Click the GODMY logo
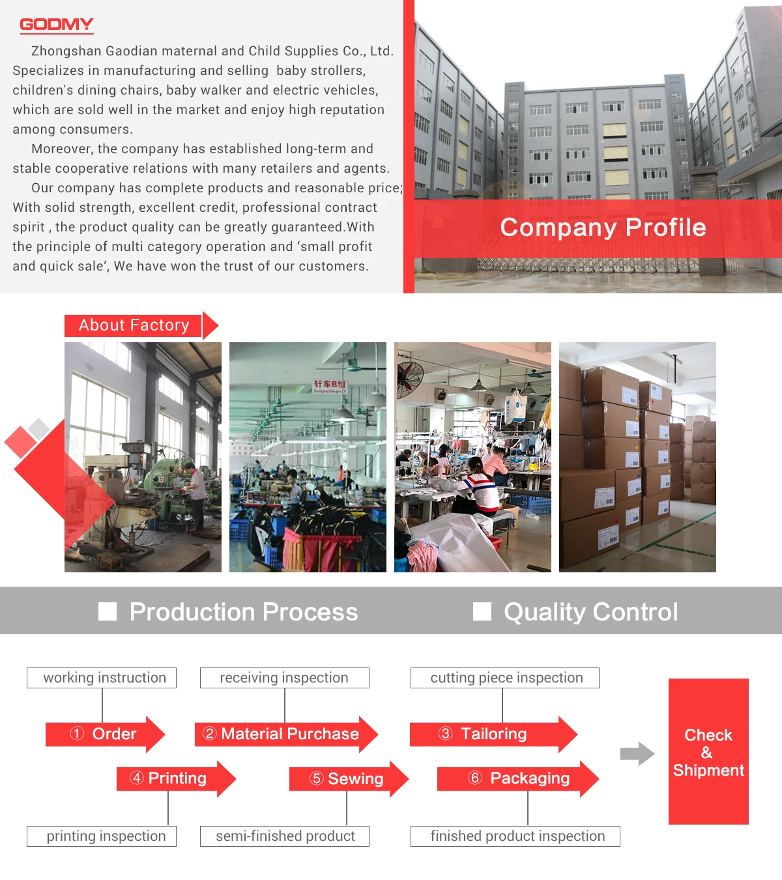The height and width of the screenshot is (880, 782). point(57,25)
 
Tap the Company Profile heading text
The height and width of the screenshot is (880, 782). point(603,227)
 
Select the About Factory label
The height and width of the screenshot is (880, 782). point(134,325)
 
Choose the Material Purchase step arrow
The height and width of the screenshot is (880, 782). point(285,734)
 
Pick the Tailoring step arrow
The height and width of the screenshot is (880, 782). point(493,734)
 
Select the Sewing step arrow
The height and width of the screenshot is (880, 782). point(348,779)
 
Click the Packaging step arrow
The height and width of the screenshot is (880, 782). point(517,778)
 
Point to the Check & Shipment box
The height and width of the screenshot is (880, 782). point(708,752)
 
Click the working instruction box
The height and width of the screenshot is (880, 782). point(102,678)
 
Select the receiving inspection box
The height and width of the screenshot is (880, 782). point(285,678)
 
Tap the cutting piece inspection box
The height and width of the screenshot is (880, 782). point(505,678)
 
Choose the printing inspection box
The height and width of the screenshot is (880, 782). point(102,836)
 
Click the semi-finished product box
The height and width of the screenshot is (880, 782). point(285,836)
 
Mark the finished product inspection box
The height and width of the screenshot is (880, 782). point(515,836)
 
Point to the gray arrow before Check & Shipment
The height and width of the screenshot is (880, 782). point(637,754)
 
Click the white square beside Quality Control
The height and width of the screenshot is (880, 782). point(482,611)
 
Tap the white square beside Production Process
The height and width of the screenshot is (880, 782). point(108,611)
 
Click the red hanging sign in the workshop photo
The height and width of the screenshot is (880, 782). point(330,385)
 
